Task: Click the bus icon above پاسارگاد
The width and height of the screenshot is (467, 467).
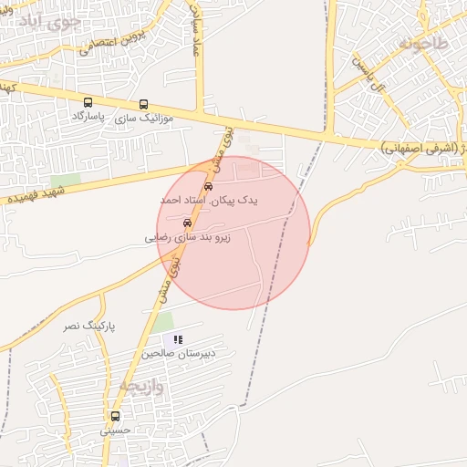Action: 88,103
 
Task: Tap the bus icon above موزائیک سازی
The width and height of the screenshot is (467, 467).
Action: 143,104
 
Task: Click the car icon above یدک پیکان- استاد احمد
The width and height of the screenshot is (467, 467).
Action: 209,186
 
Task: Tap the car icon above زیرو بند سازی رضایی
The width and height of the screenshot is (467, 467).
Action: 187,222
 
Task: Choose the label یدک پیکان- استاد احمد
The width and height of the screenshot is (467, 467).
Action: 210,200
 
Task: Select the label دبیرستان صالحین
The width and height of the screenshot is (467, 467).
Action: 177,354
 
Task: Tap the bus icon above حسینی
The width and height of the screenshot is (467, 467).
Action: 115,416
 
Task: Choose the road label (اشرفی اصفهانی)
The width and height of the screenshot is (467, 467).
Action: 420,146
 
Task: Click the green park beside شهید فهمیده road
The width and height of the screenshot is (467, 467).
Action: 66,181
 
